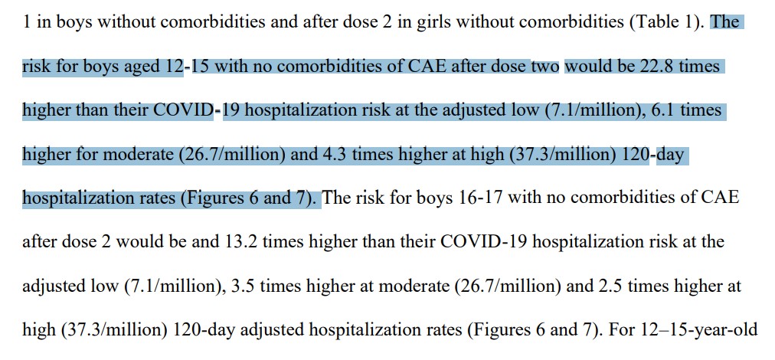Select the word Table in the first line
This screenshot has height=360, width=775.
tap(652, 21)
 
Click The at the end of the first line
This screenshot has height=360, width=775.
tap(725, 21)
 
